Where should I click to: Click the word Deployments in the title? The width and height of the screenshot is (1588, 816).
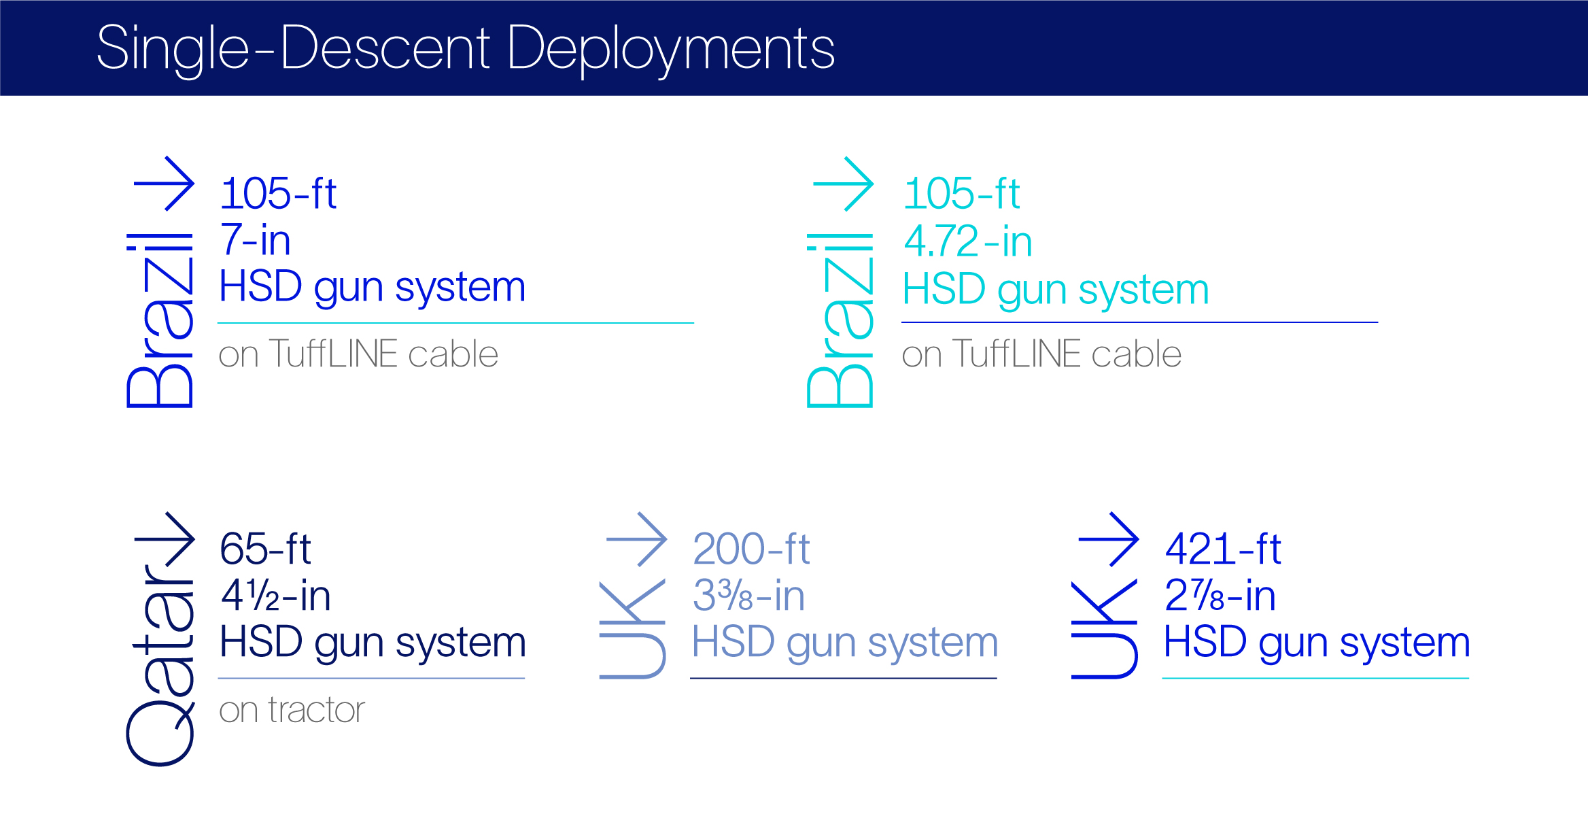point(670,49)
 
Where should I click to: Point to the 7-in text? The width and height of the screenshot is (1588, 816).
point(256,241)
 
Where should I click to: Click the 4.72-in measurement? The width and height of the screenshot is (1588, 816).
point(968,242)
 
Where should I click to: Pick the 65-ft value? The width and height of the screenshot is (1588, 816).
point(266,549)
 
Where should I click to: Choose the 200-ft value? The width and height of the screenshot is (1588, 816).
point(751,549)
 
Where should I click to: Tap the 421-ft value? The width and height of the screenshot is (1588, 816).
point(1223,549)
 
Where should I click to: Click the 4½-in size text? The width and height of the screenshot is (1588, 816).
point(276,596)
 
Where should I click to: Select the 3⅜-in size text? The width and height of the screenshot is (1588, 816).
point(748,596)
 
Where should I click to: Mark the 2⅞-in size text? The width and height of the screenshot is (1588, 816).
point(1220,596)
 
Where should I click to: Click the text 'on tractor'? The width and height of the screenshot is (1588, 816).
point(292,710)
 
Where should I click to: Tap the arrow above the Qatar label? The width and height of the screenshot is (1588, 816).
point(165,539)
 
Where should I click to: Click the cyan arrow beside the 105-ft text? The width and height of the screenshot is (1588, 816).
point(844,184)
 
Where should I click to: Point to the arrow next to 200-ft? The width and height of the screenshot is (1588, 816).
point(637,539)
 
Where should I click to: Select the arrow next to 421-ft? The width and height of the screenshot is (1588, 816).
point(1109,539)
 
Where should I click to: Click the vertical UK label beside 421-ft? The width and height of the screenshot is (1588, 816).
point(1105,629)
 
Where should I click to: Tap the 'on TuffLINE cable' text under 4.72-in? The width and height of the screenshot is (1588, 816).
point(1041,354)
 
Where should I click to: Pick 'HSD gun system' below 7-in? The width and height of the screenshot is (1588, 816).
point(373,287)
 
